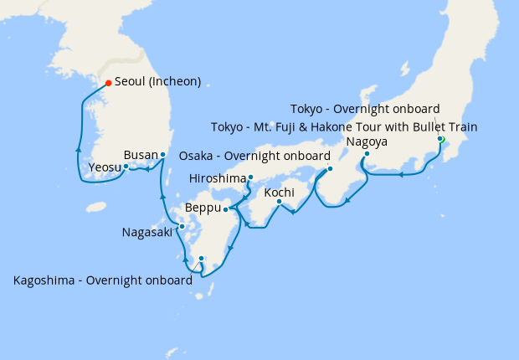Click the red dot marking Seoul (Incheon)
[108, 82]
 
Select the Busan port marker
[163, 155]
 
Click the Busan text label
[140, 155]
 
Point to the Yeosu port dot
[126, 166]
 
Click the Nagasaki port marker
[182, 226]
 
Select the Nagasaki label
[147, 232]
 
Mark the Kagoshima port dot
[201, 259]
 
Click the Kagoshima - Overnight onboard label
[103, 280]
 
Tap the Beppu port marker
[225, 209]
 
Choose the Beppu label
[203, 207]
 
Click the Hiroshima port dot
[250, 177]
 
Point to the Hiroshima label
[218, 178]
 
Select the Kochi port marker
[280, 201]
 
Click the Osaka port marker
[330, 169]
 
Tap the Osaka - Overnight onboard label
[252, 156]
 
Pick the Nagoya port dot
[367, 153]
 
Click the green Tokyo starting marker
[441, 139]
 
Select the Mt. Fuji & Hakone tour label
[345, 127]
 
